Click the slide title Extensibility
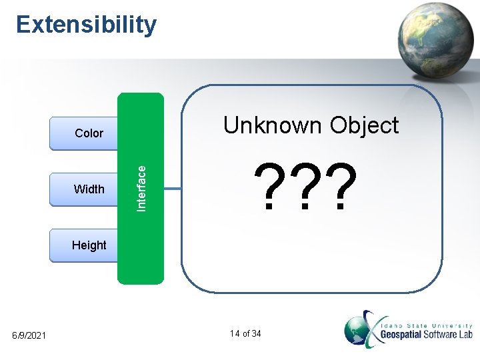point(87,25)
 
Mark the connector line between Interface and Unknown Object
point(172,189)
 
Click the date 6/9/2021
point(29,335)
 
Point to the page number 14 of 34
point(245,333)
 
